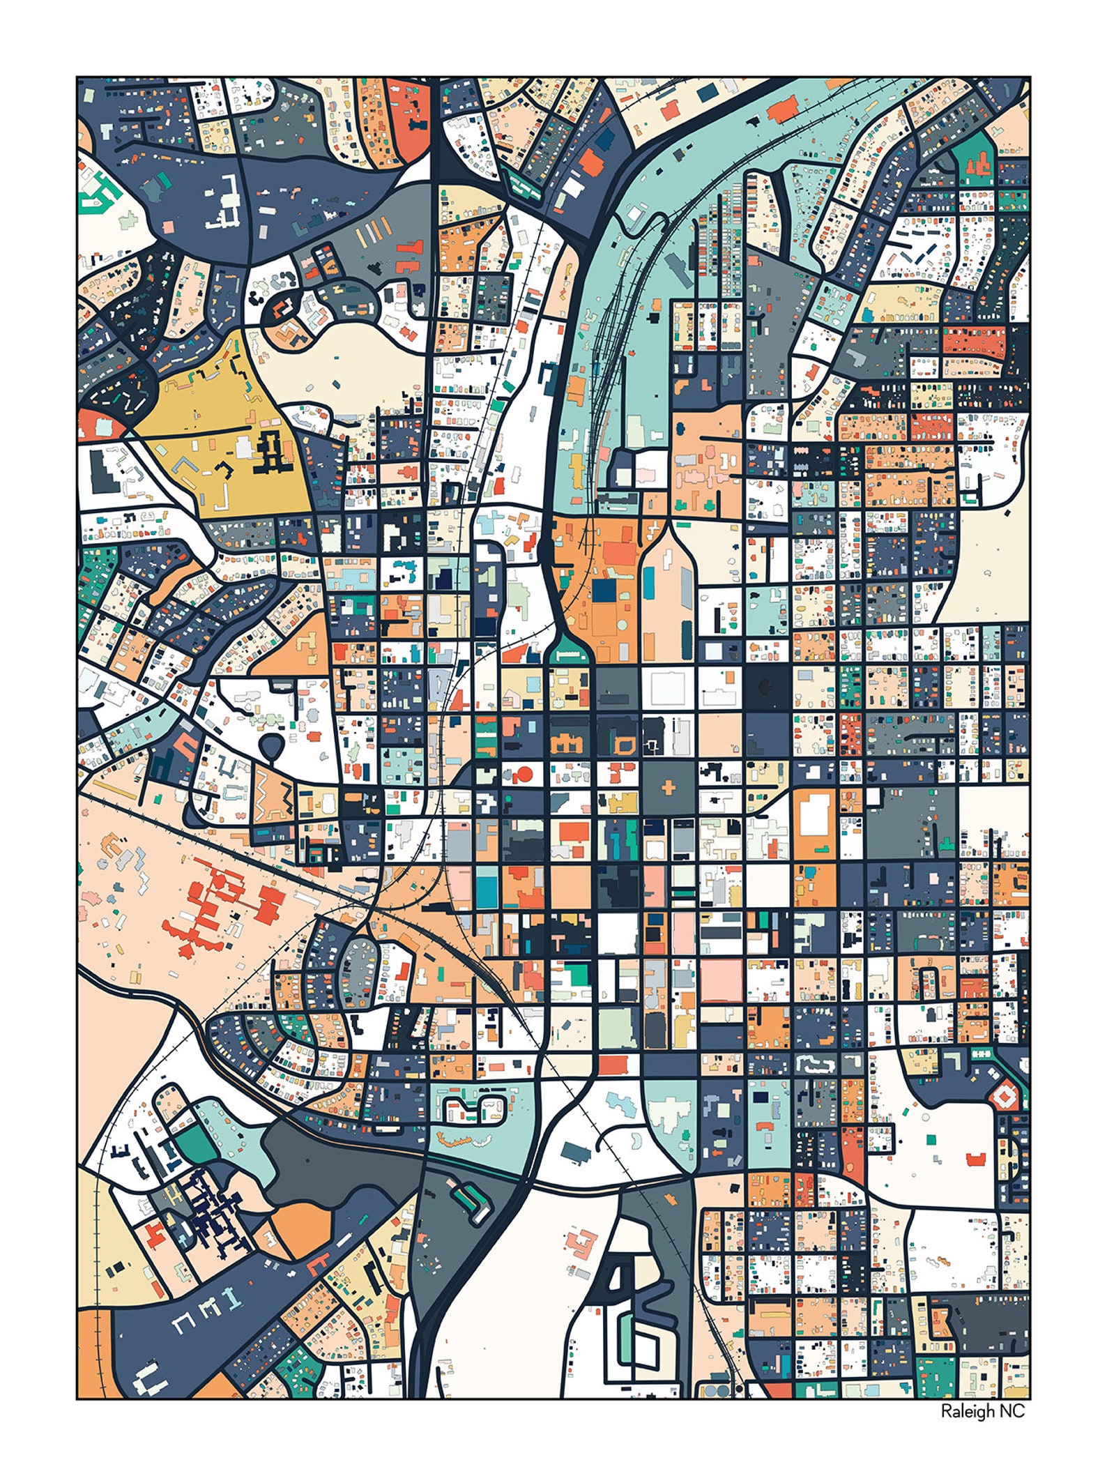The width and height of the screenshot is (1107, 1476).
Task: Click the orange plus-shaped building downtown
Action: pos(669,789)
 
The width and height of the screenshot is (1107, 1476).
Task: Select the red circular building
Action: pos(525,773)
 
